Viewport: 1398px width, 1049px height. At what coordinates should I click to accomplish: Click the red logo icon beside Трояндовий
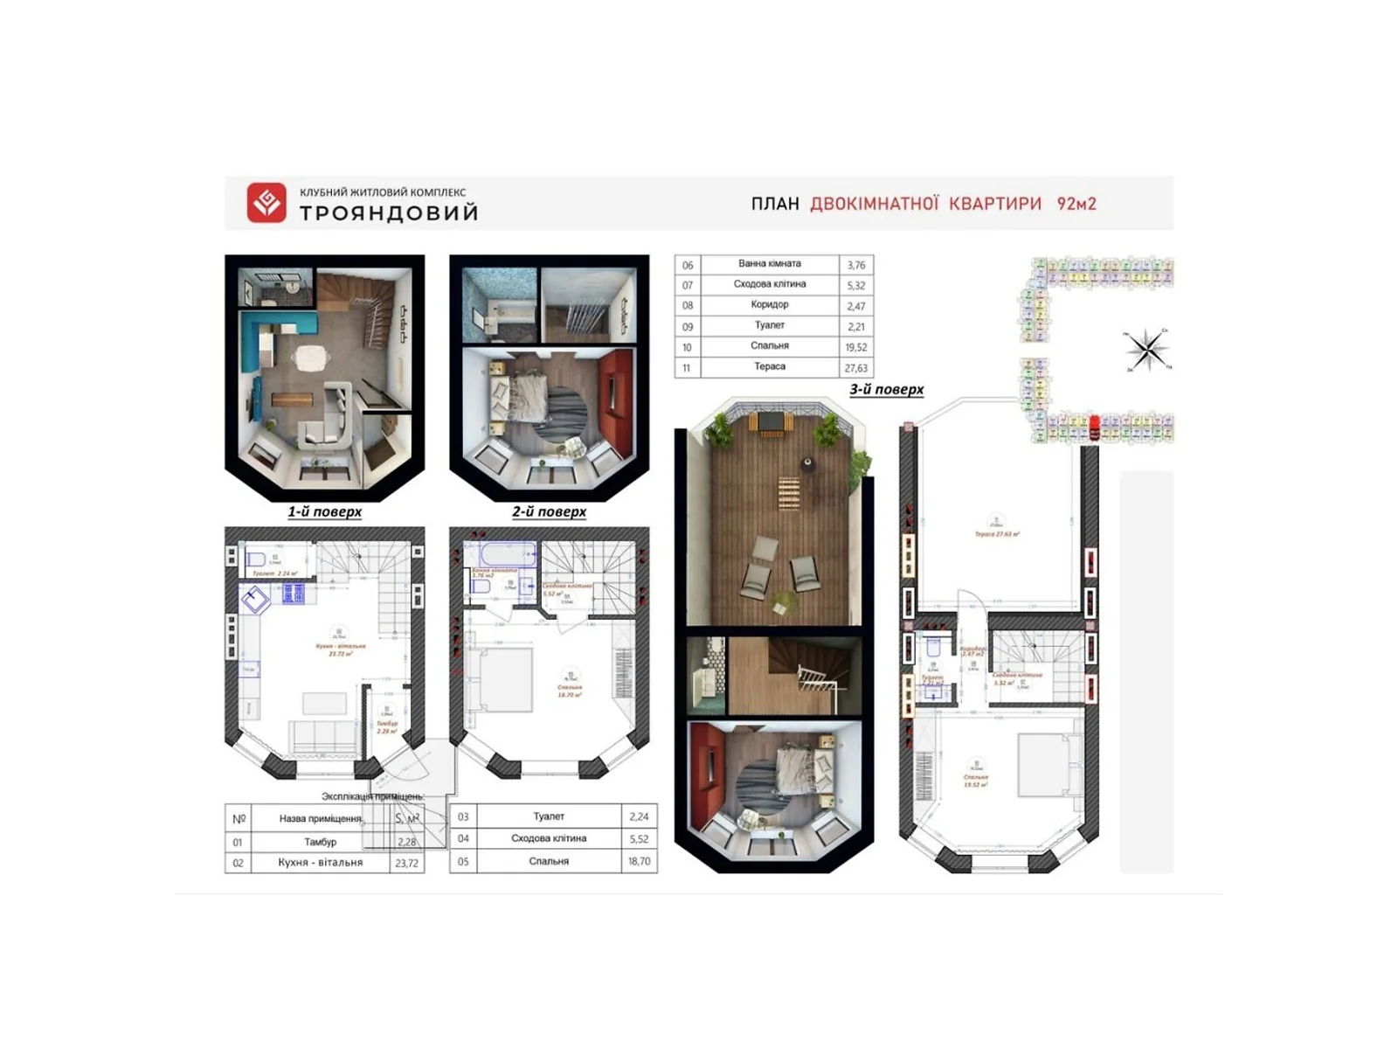266,203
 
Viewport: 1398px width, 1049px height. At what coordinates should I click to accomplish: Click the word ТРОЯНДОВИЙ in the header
389,213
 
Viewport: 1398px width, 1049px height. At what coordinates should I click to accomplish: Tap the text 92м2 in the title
1076,204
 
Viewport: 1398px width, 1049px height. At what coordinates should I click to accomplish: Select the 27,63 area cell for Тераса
855,368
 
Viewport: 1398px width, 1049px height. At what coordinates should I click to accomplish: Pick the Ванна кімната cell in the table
769,264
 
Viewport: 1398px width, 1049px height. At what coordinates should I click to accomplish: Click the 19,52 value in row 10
855,347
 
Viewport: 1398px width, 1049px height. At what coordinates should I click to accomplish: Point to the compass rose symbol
1146,350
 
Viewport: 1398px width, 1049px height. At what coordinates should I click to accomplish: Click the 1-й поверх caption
324,511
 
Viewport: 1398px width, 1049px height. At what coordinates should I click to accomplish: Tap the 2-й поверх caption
549,511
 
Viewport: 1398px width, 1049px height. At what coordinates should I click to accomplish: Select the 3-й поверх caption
886,389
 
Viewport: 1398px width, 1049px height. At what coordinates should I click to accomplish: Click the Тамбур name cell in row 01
320,842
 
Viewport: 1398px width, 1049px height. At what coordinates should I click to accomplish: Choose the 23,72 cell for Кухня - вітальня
406,863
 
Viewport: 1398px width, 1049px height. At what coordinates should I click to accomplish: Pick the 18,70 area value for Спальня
639,861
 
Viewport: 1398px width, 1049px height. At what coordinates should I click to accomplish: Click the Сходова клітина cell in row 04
549,838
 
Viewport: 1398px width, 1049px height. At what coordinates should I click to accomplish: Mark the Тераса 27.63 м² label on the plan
997,533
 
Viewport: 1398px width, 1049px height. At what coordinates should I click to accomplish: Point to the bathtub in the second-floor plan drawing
507,555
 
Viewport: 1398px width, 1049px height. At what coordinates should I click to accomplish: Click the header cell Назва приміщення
320,819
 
